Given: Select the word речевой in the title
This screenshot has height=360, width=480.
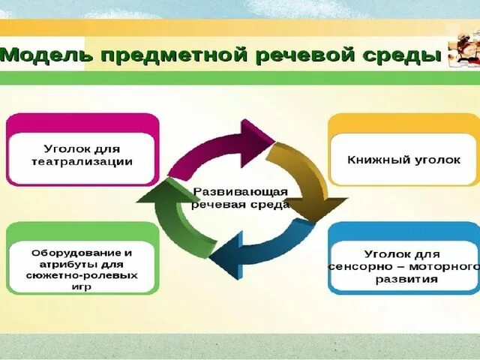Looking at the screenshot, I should (x=296, y=55).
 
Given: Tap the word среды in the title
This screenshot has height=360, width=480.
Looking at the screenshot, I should (x=398, y=55).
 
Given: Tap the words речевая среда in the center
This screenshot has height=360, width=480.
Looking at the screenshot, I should (x=240, y=205).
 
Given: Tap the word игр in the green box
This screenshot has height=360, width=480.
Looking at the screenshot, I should (x=84, y=286).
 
